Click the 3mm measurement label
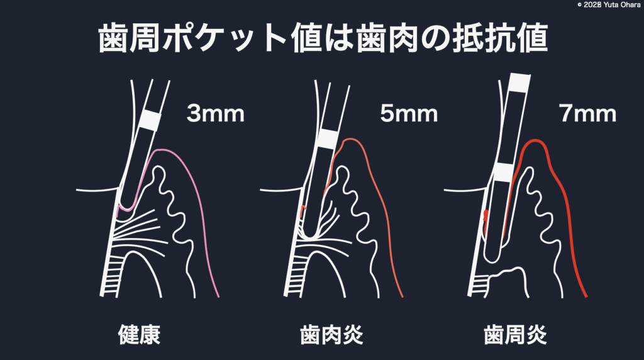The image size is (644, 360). click(215, 113)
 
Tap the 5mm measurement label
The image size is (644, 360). click(409, 113)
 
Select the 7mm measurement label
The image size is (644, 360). click(587, 113)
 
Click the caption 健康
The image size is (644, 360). click(139, 335)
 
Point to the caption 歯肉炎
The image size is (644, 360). click(332, 335)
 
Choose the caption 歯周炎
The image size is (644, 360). click(516, 335)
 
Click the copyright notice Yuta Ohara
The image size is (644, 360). click(609, 5)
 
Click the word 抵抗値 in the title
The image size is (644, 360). click(500, 38)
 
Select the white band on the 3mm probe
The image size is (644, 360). click(150, 121)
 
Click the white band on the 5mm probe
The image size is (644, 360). click(327, 138)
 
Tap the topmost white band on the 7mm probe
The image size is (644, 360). click(519, 83)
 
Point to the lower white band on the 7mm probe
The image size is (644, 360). click(504, 172)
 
